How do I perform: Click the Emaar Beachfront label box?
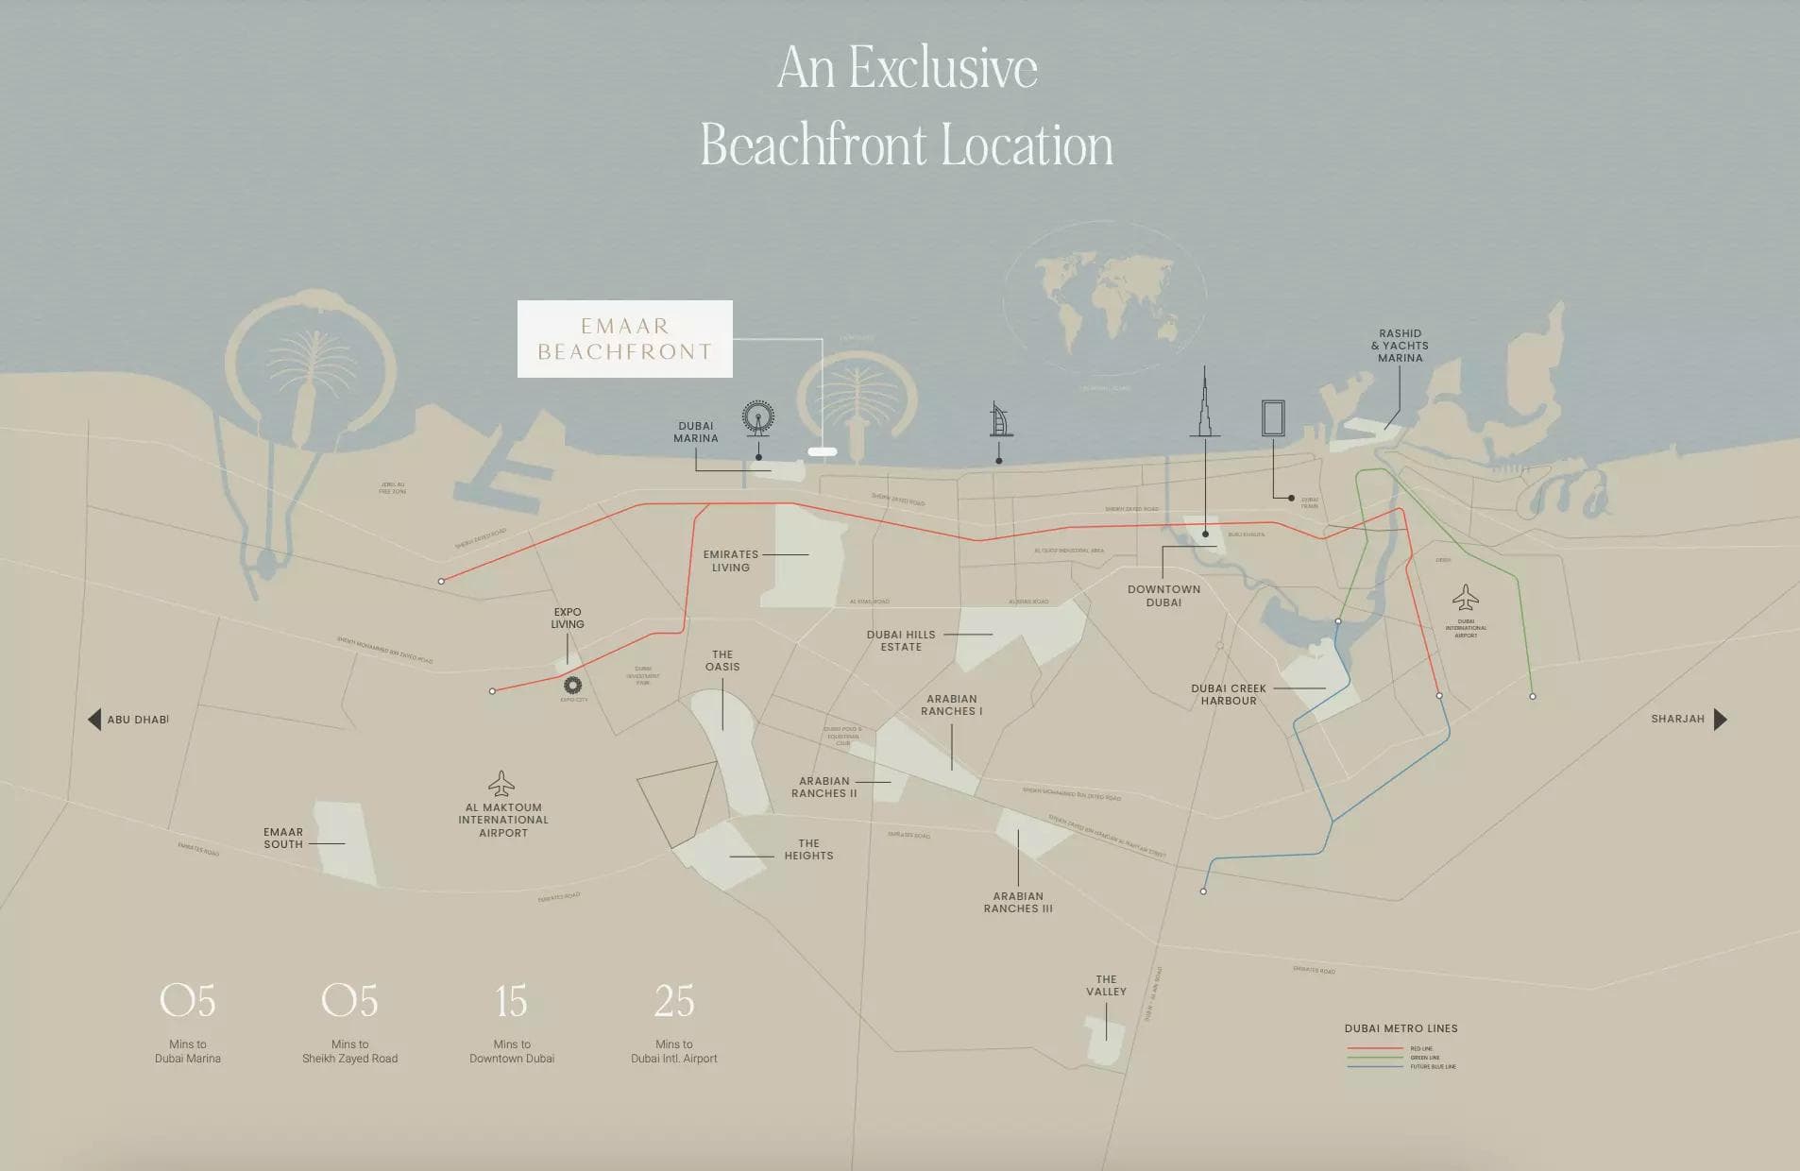(x=624, y=339)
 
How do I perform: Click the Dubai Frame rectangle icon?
(x=1273, y=417)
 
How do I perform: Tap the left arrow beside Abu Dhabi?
(x=94, y=720)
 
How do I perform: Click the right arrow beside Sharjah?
(x=1720, y=720)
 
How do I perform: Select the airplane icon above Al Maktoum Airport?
(x=501, y=784)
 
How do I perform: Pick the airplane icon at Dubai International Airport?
(x=1465, y=597)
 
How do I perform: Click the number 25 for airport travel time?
(x=673, y=1001)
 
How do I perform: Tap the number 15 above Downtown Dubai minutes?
(x=511, y=1001)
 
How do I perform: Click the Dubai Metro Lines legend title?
(x=1401, y=1028)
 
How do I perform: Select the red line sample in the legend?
(x=1374, y=1048)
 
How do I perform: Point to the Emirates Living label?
(x=730, y=561)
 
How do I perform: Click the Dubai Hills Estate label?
(x=901, y=640)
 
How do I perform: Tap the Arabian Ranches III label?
(x=1018, y=902)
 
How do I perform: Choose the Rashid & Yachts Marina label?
(x=1400, y=346)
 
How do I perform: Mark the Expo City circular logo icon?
(x=572, y=686)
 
